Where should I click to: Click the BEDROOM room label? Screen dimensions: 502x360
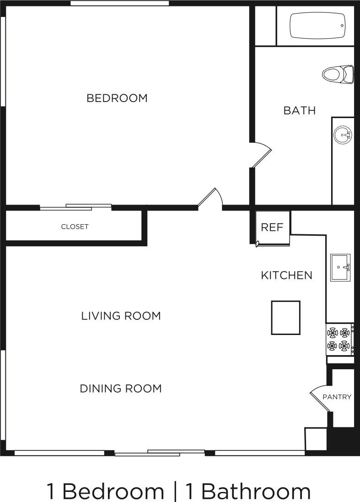[x=117, y=98]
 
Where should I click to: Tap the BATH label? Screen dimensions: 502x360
[x=300, y=110]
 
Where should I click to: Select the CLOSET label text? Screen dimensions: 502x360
[x=75, y=227]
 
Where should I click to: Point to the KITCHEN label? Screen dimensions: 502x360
[x=286, y=275]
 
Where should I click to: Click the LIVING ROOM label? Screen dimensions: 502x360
[x=121, y=316]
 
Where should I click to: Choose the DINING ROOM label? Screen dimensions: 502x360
[x=121, y=389]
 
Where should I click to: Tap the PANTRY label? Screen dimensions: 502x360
[x=337, y=397]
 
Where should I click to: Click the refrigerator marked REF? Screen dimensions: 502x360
[x=273, y=227]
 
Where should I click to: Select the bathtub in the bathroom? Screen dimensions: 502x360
[x=317, y=26]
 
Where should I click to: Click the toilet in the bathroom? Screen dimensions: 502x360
[x=338, y=74]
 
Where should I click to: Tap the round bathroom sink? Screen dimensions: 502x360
[x=342, y=135]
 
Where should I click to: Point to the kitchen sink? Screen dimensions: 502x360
[x=340, y=267]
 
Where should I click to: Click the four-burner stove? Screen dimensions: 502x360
[x=339, y=339]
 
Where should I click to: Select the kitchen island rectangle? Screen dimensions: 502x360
[x=286, y=317]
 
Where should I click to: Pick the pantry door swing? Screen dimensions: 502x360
[x=320, y=397]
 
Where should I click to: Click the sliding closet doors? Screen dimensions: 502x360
[x=76, y=207]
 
